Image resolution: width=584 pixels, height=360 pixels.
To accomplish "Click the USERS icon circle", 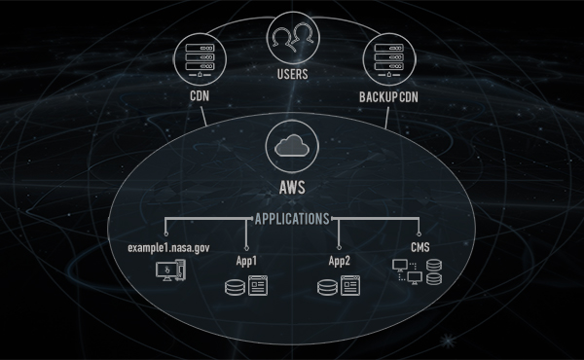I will tap(291, 36).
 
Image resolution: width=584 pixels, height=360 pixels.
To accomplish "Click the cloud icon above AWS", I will tap(291, 147).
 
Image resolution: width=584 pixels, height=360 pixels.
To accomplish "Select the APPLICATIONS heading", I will tap(291, 219).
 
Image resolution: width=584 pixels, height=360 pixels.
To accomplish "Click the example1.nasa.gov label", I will tap(167, 249).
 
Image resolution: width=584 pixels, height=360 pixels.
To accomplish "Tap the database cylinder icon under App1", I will tap(235, 288).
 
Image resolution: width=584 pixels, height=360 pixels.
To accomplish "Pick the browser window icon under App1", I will tap(258, 287).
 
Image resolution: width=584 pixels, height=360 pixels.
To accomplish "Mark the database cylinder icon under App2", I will tap(329, 288).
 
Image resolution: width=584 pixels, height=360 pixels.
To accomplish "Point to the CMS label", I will tap(419, 248).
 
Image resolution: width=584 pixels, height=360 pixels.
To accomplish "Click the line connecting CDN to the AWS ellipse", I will tap(206, 116).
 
